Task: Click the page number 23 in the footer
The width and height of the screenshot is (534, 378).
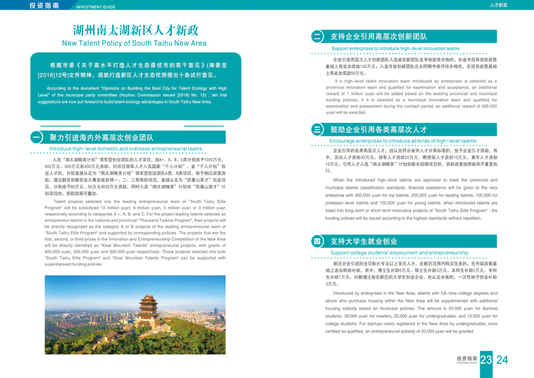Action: click(486, 360)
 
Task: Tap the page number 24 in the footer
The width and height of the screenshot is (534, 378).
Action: click(503, 360)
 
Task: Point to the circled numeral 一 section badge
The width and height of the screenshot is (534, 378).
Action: click(37, 138)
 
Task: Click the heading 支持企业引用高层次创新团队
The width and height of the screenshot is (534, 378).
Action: click(379, 37)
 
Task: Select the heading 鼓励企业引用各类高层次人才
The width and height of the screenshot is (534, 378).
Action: click(378, 130)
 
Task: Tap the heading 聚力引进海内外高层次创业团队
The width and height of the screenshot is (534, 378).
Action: click(101, 138)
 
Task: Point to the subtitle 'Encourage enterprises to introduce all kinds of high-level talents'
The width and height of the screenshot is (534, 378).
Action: click(403, 141)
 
